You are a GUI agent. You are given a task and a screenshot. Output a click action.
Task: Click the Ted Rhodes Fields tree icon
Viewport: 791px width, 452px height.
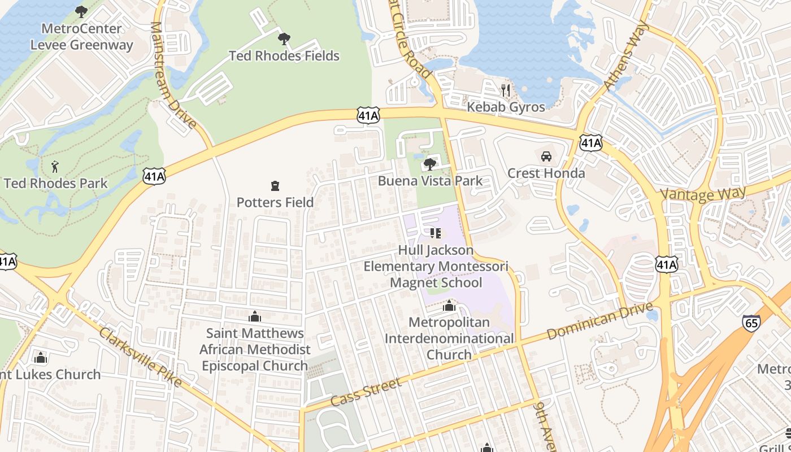284,39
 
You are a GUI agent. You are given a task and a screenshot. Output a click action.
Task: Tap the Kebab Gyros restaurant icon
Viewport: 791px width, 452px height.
506,90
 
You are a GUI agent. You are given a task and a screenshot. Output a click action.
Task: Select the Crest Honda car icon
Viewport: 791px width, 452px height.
546,157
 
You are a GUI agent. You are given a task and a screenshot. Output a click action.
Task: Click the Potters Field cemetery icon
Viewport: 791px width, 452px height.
275,185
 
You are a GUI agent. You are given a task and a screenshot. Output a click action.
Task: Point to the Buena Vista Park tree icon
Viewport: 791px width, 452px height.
430,164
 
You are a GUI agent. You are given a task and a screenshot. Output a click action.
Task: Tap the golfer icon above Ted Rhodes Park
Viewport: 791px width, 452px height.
55,167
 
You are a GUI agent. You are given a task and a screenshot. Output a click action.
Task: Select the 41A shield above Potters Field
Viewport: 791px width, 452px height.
368,116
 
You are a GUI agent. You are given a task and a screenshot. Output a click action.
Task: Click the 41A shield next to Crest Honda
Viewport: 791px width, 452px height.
591,143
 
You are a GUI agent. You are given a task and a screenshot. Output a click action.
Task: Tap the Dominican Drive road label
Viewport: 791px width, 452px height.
600,321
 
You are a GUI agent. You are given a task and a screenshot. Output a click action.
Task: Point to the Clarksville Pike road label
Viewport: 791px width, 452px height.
141,357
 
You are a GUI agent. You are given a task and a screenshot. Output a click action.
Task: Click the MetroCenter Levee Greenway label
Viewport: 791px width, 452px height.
82,37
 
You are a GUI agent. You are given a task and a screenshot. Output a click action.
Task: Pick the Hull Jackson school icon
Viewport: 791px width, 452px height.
435,233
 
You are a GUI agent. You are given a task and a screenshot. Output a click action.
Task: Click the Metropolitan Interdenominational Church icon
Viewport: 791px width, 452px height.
449,306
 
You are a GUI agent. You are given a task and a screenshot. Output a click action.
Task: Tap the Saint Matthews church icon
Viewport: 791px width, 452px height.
255,316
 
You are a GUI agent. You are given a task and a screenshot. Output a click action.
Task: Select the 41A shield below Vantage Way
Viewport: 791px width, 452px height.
667,264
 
